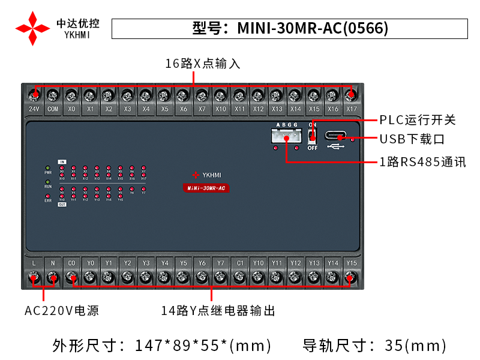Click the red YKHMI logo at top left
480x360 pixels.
pyautogui.click(x=32, y=28)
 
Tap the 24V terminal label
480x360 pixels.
pyautogui.click(x=34, y=109)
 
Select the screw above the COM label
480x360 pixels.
pyautogui.click(x=53, y=94)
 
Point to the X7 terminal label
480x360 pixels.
pyautogui.click(x=202, y=109)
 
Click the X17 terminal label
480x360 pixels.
pyautogui.click(x=352, y=109)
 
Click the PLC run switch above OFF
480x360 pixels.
pyautogui.click(x=312, y=135)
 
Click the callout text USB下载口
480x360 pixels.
pyautogui.click(x=412, y=139)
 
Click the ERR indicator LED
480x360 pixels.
pyautogui.click(x=48, y=194)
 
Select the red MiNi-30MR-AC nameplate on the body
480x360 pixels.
pyautogui.click(x=206, y=188)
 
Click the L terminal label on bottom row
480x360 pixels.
pyautogui.click(x=34, y=263)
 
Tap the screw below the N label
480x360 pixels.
pyautogui.click(x=53, y=277)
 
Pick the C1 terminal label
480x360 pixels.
pyautogui.click(x=239, y=263)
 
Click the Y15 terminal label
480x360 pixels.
pyautogui.click(x=352, y=263)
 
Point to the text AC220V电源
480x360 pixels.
pyautogui.click(x=62, y=311)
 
